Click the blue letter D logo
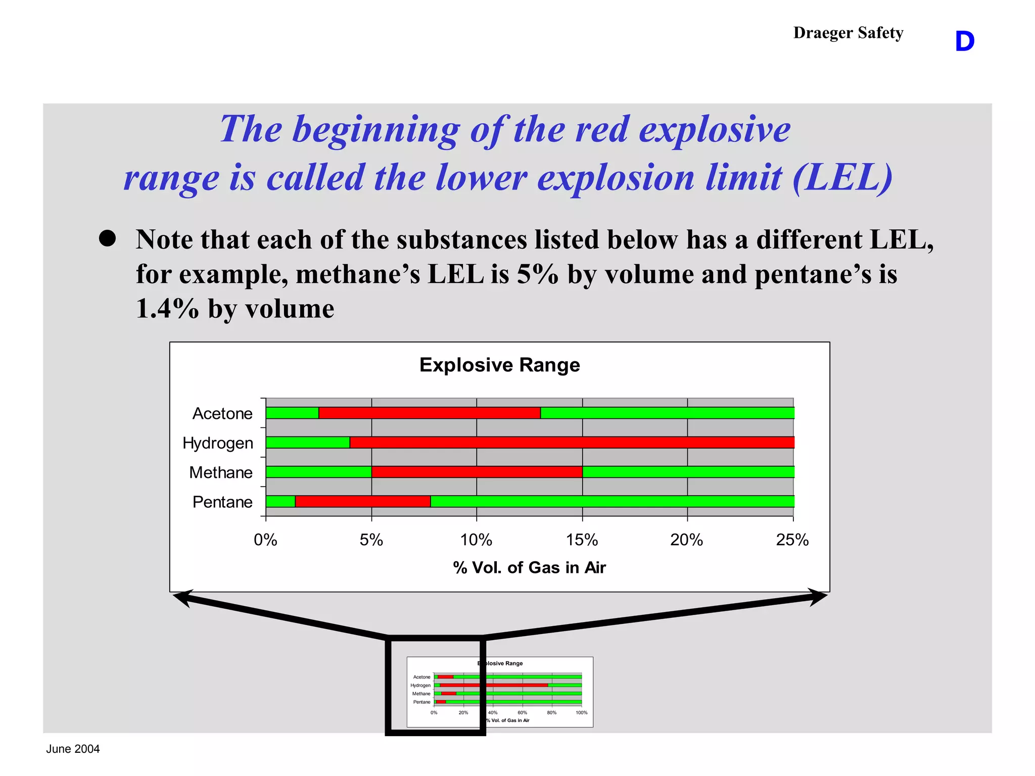click(964, 41)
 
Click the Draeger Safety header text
click(848, 33)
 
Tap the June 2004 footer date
click(73, 749)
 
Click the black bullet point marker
click(107, 238)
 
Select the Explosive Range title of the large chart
click(499, 365)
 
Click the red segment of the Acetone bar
click(430, 413)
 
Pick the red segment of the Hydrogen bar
click(572, 442)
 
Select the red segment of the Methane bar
click(477, 472)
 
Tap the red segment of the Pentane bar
click(363, 501)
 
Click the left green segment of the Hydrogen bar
click(308, 442)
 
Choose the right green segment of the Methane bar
click(688, 472)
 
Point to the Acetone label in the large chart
click(222, 413)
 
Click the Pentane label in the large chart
click(222, 502)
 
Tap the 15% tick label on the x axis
click(582, 540)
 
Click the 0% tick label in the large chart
click(265, 540)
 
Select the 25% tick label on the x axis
click(792, 540)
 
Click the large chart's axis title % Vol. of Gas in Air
click(529, 568)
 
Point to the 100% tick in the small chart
click(582, 713)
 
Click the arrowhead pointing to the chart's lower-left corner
click(183, 598)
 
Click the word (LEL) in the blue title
click(842, 178)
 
